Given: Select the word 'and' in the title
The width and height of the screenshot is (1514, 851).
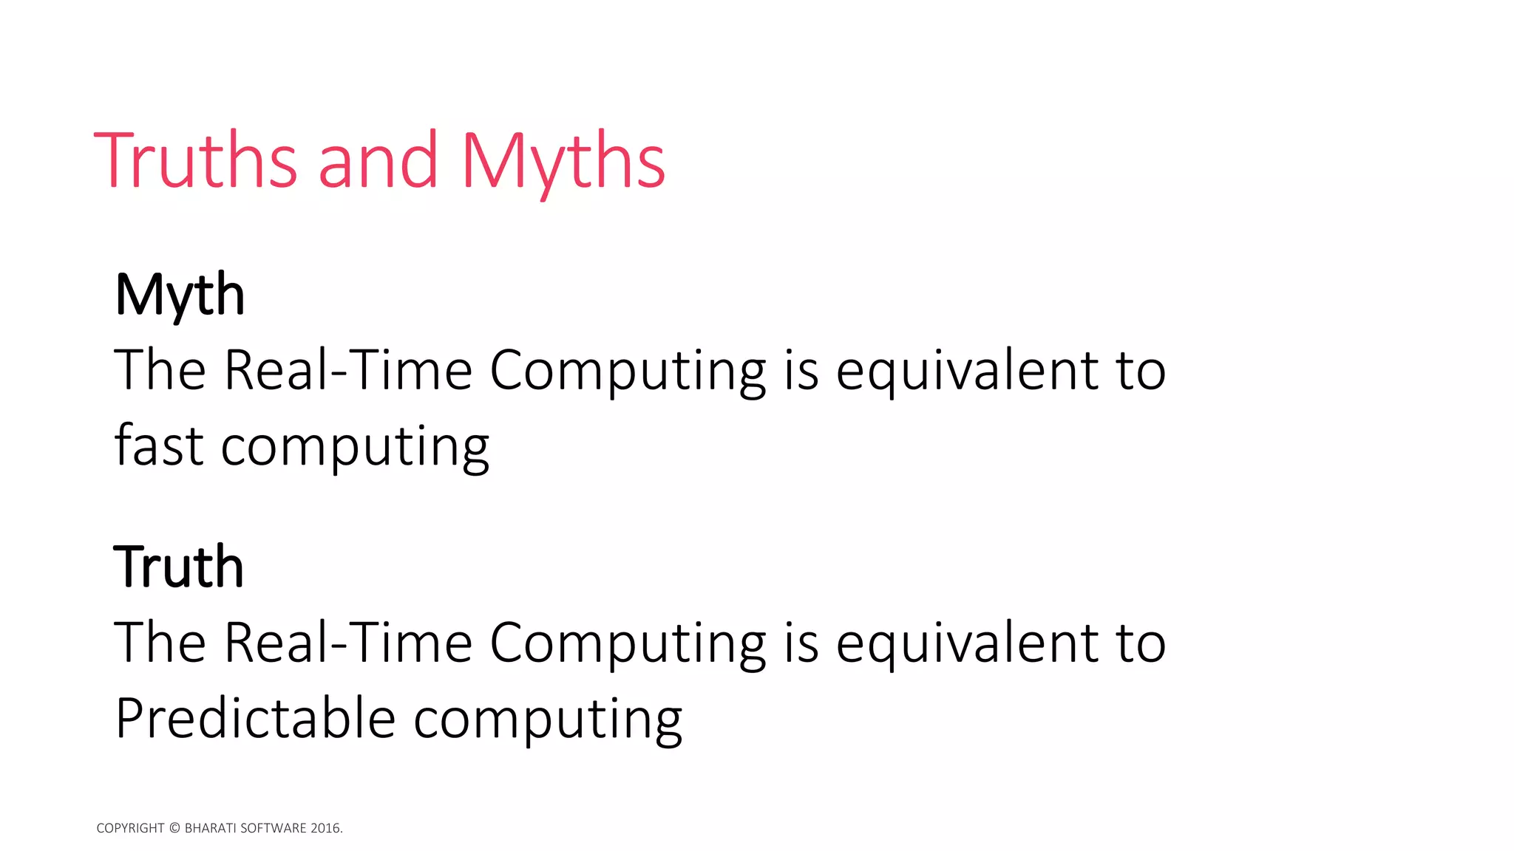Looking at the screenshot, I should point(378,160).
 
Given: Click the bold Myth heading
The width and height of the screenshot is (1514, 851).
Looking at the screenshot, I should point(180,295).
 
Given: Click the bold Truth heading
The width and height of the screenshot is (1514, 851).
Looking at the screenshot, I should point(178,567).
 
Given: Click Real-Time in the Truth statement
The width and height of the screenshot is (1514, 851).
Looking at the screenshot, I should point(348,642).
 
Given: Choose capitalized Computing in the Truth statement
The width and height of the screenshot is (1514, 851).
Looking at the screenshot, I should point(628,642).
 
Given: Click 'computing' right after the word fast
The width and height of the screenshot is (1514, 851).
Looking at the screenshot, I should point(355,448).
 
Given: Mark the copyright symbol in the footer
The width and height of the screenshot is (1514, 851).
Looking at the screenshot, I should point(174,828).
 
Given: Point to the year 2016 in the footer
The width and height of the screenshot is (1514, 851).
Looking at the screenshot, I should point(326,828).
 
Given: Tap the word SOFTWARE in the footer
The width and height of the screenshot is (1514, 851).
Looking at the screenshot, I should point(274,828).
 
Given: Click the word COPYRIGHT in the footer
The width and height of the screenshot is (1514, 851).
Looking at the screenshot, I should point(131,828).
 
